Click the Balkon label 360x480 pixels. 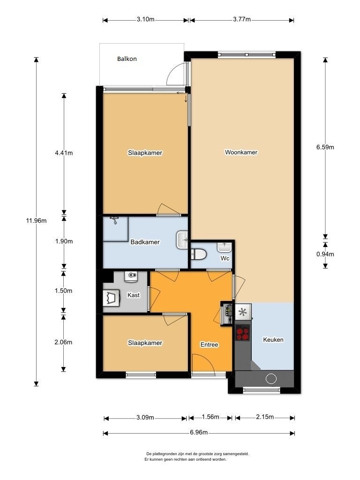127,59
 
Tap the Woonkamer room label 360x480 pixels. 241,152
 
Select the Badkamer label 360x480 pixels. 145,242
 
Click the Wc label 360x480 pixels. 225,258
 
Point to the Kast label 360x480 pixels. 134,295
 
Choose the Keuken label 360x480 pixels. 273,339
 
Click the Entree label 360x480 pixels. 209,345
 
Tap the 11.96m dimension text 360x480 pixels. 37,220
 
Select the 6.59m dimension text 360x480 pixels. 325,147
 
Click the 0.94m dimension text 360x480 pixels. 325,254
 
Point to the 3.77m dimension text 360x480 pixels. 242,19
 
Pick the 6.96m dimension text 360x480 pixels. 199,432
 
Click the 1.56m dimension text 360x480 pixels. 210,417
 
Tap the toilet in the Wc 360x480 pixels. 199,254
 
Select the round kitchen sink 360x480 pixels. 271,379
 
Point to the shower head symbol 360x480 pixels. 114,219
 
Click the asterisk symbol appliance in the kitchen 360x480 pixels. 243,312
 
